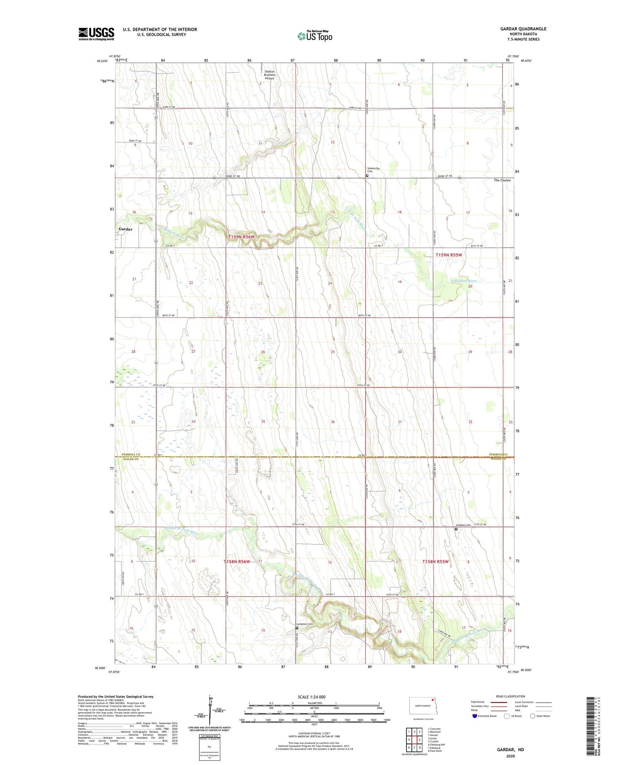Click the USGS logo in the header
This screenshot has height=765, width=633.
pyautogui.click(x=96, y=34)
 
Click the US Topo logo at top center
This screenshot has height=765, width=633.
pyautogui.click(x=314, y=36)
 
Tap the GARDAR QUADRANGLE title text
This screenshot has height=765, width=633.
pyautogui.click(x=523, y=29)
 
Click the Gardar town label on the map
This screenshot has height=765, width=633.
pyautogui.click(x=125, y=229)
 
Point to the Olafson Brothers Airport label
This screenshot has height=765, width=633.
pyautogui.click(x=270, y=75)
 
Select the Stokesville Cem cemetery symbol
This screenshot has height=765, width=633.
pyautogui.click(x=367, y=176)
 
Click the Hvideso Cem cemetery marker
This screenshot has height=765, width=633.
pyautogui.click(x=456, y=528)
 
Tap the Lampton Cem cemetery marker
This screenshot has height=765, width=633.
pyautogui.click(x=297, y=627)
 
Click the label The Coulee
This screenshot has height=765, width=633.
pyautogui.click(x=502, y=180)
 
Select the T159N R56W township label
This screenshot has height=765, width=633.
pyautogui.click(x=241, y=237)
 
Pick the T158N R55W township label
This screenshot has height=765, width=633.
pyautogui.click(x=436, y=562)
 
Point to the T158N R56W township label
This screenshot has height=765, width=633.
pyautogui.click(x=237, y=562)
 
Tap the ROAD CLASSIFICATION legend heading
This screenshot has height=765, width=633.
pyautogui.click(x=511, y=696)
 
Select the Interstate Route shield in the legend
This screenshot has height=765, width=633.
pyautogui.click(x=475, y=716)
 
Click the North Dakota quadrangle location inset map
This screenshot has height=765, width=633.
pyautogui.click(x=421, y=706)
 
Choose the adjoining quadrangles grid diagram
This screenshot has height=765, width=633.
pyautogui.click(x=414, y=739)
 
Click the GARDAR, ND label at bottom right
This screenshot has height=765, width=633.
pyautogui.click(x=510, y=749)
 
